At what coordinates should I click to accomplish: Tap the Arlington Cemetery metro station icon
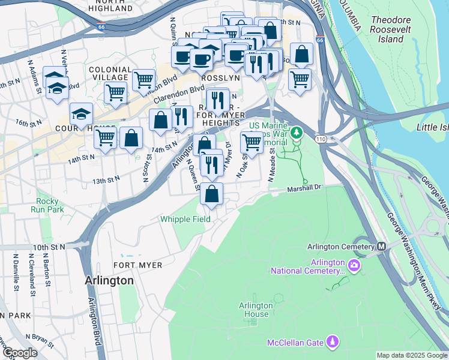pos(381,247)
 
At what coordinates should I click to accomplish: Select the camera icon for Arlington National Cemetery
pos(355,265)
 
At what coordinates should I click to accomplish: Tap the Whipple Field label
pos(185,219)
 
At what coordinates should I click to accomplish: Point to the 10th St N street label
pos(49,247)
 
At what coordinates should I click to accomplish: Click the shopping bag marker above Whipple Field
pos(211,193)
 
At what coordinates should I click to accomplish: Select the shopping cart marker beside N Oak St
pos(252,143)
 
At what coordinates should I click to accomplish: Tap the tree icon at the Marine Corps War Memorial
pos(296,132)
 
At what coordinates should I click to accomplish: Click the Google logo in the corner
pos(19,353)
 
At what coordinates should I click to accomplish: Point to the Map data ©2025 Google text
pos(411,355)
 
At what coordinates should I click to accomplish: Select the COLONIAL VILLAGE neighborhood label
pos(109,73)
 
